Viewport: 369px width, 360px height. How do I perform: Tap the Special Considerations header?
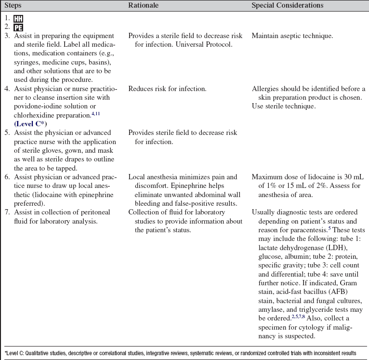[288, 5]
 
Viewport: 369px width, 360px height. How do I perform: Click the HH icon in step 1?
[18, 19]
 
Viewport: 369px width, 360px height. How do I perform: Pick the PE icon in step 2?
[18, 27]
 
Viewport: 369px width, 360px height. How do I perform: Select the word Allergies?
[266, 89]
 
